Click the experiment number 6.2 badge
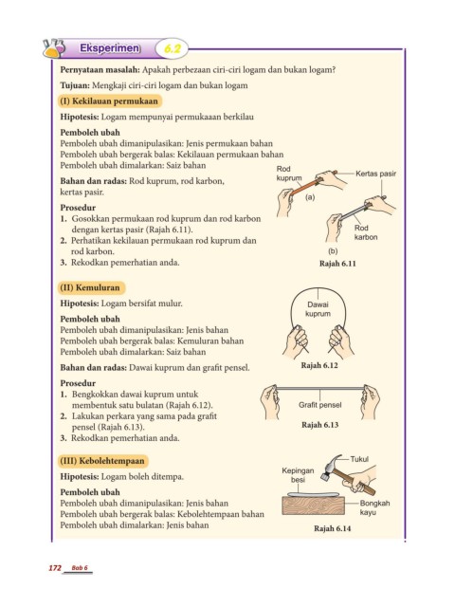(x=172, y=48)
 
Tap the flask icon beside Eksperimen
(x=54, y=48)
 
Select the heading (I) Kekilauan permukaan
(x=109, y=101)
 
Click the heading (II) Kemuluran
(x=92, y=287)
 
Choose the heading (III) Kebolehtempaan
(x=103, y=461)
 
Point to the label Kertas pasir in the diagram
(x=375, y=174)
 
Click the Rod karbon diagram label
(x=366, y=232)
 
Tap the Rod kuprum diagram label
(x=289, y=173)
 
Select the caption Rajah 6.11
(x=337, y=264)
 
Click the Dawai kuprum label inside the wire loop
(x=318, y=309)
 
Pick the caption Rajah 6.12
(x=319, y=365)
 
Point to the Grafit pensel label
(x=320, y=405)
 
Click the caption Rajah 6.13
(x=320, y=425)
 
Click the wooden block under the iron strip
(x=314, y=506)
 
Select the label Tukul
(x=359, y=459)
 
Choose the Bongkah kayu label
(x=374, y=507)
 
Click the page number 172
(x=55, y=568)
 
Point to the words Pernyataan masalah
(x=100, y=70)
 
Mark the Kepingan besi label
(x=298, y=475)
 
